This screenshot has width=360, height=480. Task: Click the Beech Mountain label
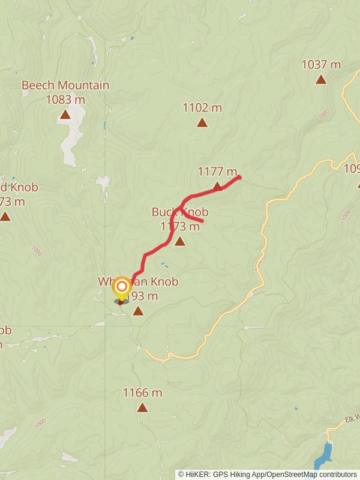pos(65,85)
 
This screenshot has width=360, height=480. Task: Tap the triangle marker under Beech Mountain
pos(65,114)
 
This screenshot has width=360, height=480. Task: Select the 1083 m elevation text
pos(65,99)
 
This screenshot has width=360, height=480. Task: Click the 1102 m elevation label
pos(202,108)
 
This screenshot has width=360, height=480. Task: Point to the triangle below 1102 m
pos(202,122)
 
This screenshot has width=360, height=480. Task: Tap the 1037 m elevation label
pos(321,64)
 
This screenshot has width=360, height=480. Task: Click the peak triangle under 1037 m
pos(321,79)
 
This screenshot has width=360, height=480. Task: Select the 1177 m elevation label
pos(217,172)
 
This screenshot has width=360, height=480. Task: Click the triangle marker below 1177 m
pos(217,187)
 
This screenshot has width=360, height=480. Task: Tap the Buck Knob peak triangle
pos(179,241)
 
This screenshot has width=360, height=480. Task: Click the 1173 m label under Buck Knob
pos(180,226)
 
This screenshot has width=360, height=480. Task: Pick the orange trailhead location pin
pos(121,287)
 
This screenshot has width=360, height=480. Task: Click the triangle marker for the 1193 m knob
pos(138,310)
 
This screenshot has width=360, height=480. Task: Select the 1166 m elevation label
pos(142,393)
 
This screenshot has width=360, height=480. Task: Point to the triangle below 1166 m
pos(142,407)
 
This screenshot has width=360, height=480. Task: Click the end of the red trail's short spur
pos(202,221)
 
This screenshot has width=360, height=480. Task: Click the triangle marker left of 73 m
pos(5,216)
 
